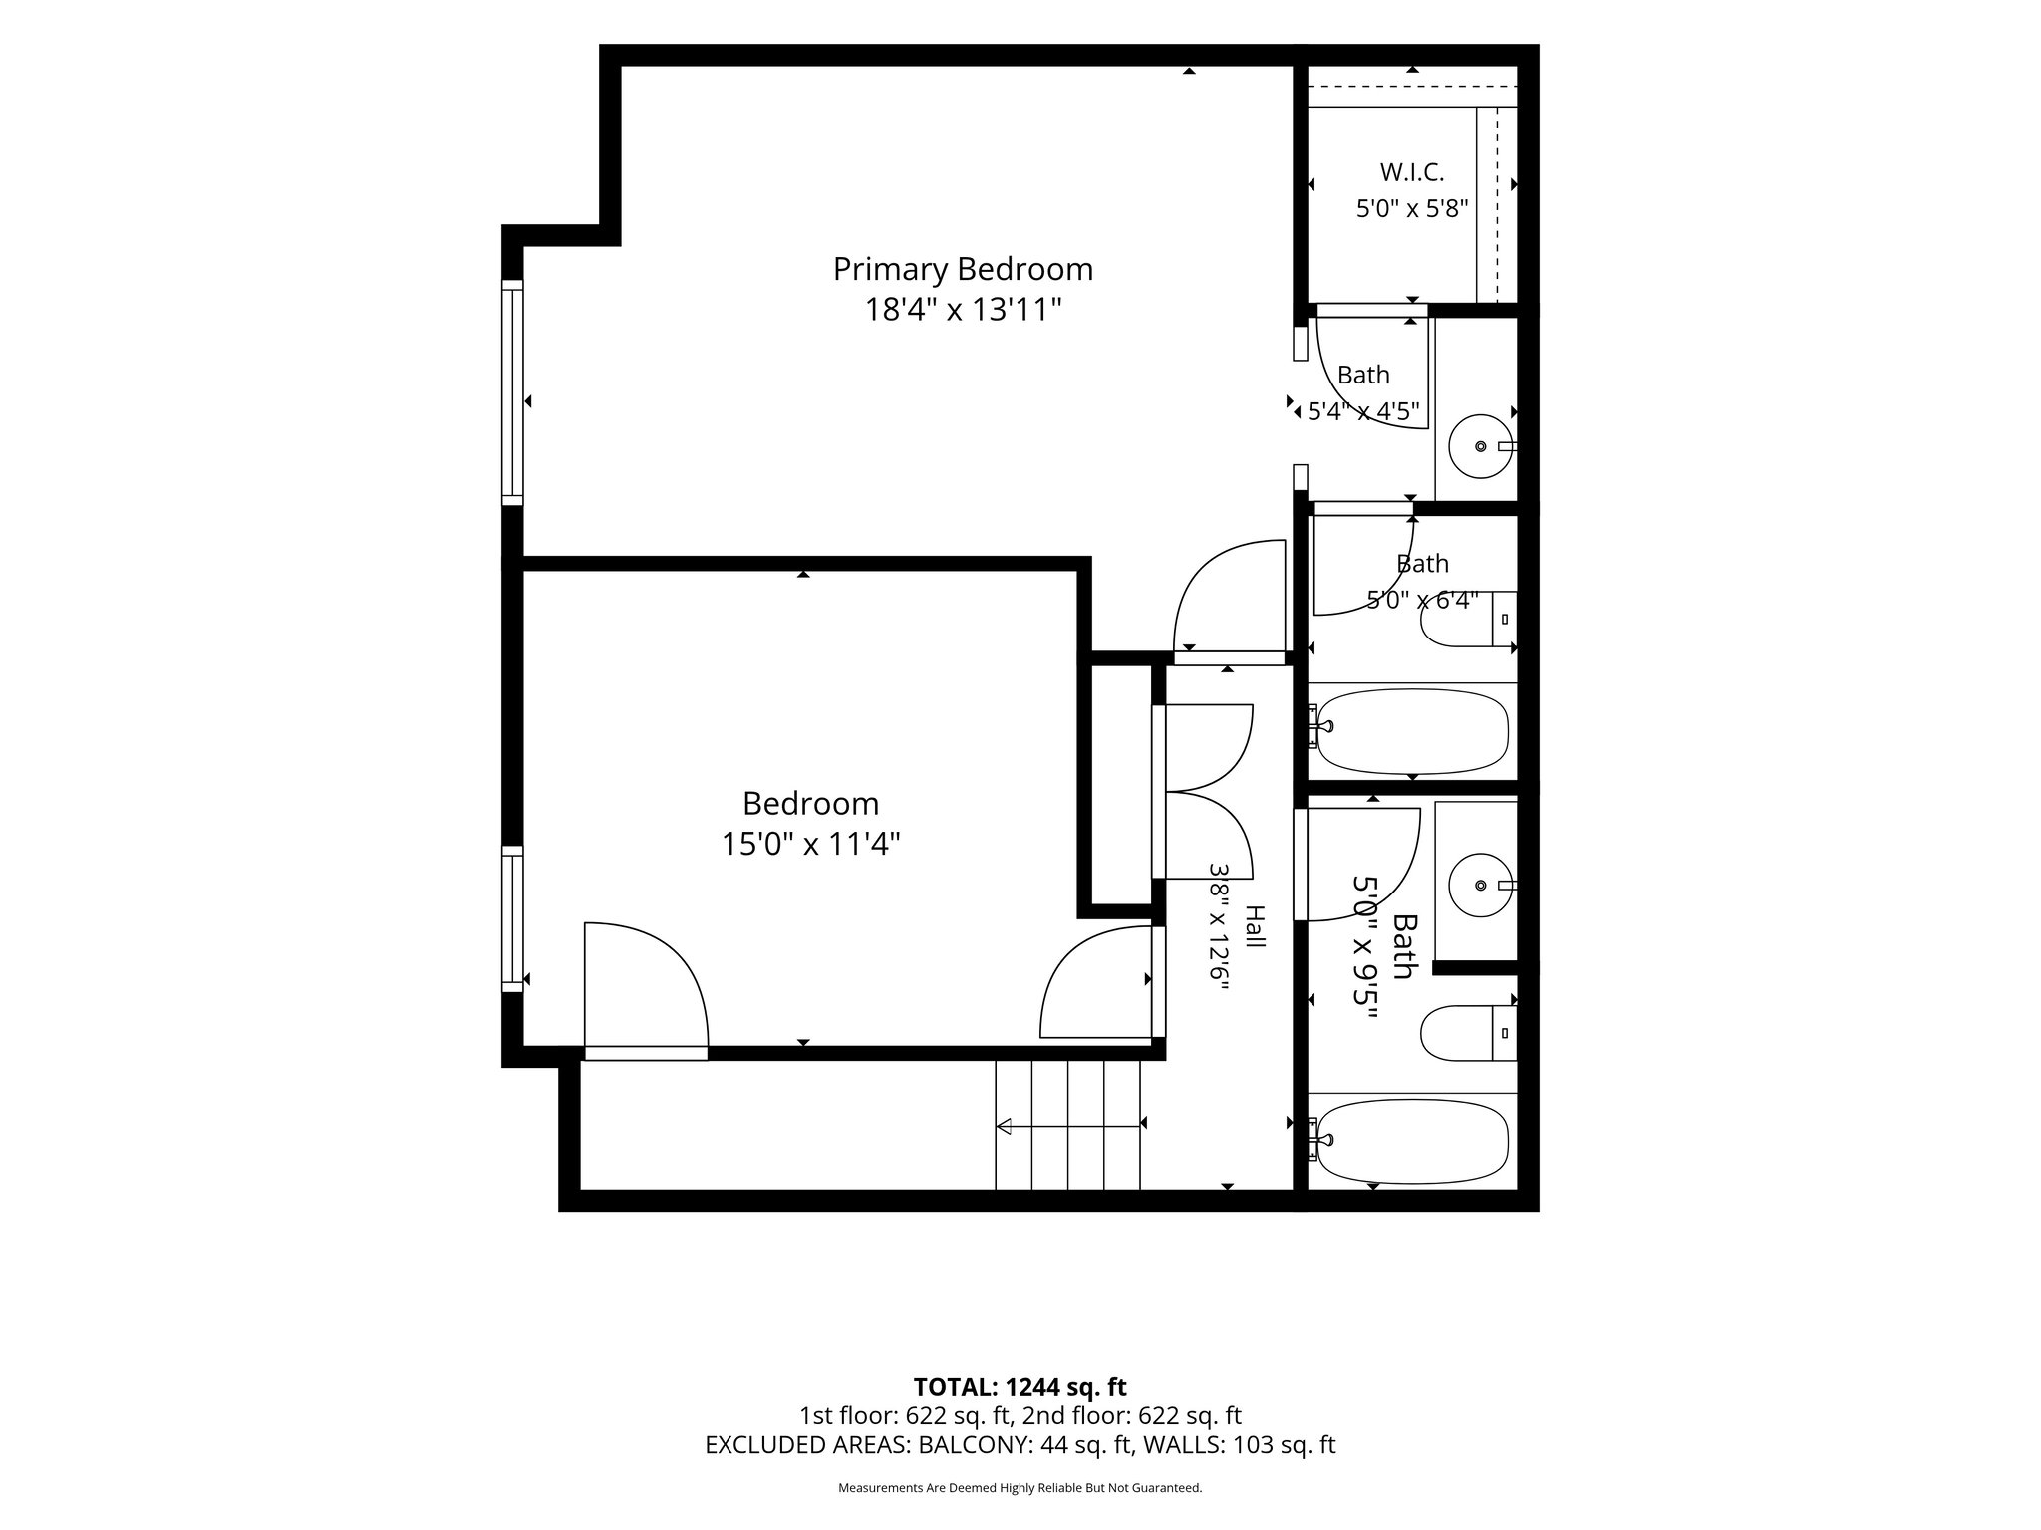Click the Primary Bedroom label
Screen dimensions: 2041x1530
963,270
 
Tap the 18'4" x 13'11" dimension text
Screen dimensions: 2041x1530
963,310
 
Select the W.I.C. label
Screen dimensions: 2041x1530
1412,172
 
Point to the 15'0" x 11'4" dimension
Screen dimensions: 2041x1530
811,844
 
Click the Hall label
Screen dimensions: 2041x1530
1256,926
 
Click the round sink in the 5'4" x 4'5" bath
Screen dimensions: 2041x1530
1481,447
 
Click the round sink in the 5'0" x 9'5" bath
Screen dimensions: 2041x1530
1482,885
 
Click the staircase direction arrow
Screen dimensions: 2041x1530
1069,1127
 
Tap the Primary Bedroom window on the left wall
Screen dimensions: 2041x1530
512,393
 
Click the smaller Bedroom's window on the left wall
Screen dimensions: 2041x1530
512,918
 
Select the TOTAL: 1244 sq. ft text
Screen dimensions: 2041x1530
1020,1387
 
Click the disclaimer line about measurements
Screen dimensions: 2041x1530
1020,1488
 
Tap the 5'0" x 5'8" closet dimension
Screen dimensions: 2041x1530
1412,209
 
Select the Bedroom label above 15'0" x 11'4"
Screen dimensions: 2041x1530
811,803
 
